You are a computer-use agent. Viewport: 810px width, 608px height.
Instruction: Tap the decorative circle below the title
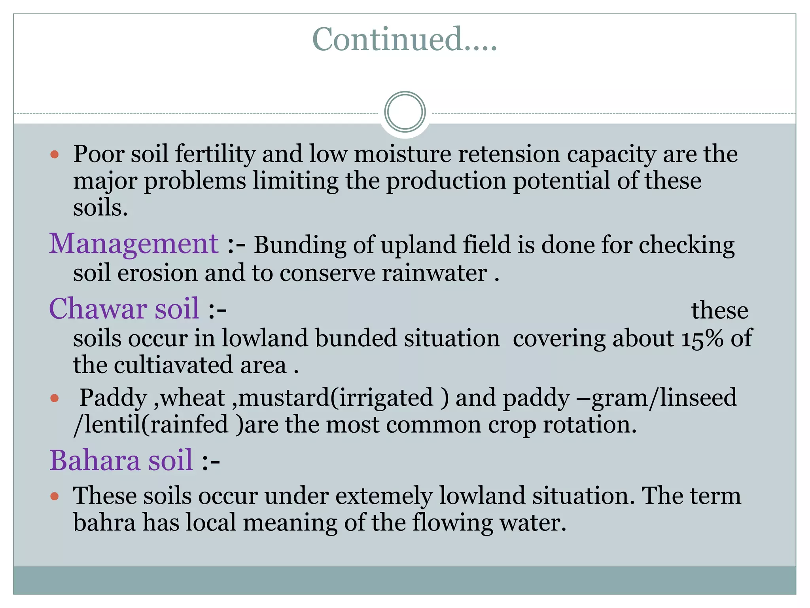[x=405, y=112]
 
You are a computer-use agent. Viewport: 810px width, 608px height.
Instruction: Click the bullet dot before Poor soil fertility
[x=55, y=154]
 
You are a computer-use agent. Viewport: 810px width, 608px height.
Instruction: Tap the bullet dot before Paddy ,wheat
[x=55, y=398]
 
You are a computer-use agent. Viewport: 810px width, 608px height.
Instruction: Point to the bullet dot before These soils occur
[x=55, y=496]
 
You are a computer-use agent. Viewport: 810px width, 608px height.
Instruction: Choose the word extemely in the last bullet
[x=383, y=496]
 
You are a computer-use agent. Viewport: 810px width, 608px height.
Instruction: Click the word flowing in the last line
[x=452, y=522]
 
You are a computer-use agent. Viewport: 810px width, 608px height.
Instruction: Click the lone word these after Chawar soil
[x=719, y=310]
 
